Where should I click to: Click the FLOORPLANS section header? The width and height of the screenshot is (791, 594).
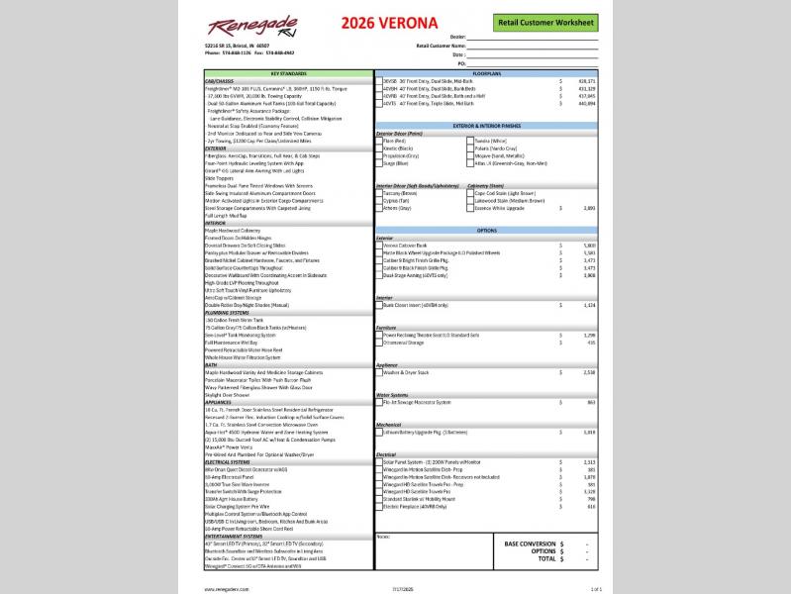(x=487, y=73)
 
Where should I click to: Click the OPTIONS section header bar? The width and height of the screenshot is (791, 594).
(x=487, y=229)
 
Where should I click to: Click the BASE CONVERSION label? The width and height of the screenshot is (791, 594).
(x=530, y=544)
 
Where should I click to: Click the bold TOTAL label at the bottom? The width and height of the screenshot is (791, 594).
(x=544, y=559)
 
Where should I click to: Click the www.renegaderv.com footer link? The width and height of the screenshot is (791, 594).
(x=226, y=588)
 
